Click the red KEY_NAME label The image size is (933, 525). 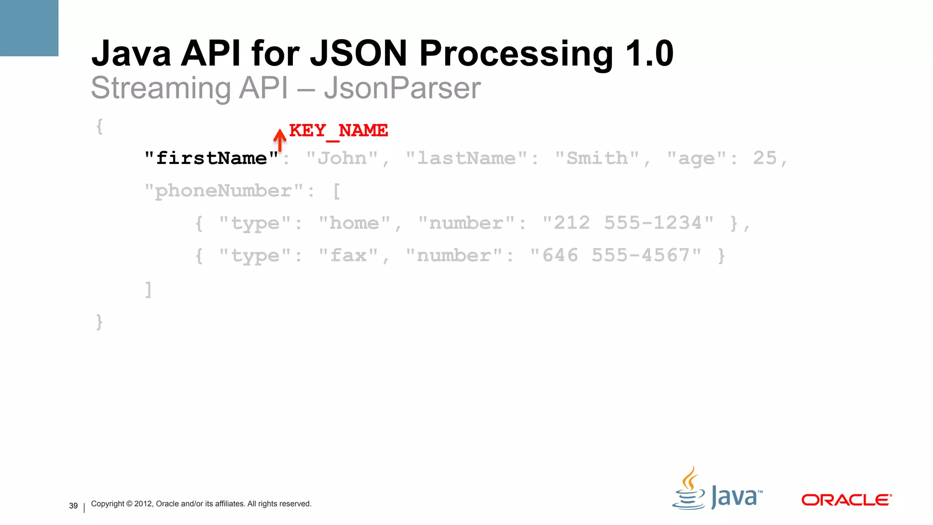pyautogui.click(x=338, y=131)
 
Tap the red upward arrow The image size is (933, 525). pyautogui.click(x=280, y=139)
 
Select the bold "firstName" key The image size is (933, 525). pyautogui.click(x=211, y=159)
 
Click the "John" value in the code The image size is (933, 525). pyautogui.click(x=342, y=159)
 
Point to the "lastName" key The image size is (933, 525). pyautogui.click(x=466, y=159)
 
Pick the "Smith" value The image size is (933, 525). pyautogui.click(x=597, y=159)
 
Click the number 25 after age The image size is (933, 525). pyautogui.click(x=764, y=158)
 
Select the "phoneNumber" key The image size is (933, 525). pyautogui.click(x=223, y=191)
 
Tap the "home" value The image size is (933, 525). pyautogui.click(x=354, y=223)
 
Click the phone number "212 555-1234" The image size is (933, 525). pyautogui.click(x=628, y=223)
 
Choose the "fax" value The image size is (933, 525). pyautogui.click(x=348, y=256)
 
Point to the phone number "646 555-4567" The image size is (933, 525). pyautogui.click(x=615, y=256)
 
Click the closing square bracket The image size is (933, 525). pyautogui.click(x=148, y=289)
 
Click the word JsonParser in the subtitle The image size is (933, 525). pyautogui.click(x=402, y=88)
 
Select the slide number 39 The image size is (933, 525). pyautogui.click(x=73, y=506)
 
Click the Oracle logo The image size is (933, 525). pyautogui.click(x=846, y=500)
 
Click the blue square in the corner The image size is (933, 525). pyautogui.click(x=29, y=28)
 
